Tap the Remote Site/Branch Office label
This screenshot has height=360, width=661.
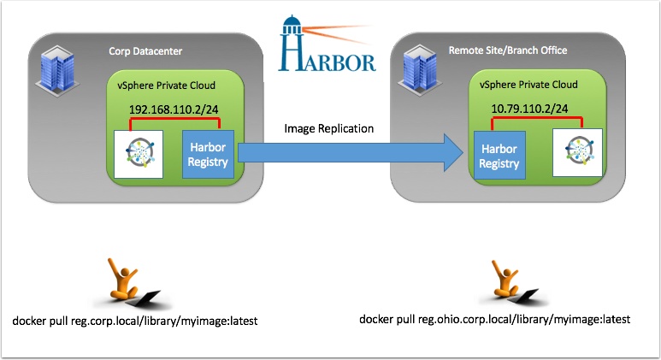[x=507, y=50]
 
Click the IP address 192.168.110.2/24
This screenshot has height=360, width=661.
[x=172, y=110]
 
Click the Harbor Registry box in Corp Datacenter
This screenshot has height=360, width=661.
[x=208, y=154]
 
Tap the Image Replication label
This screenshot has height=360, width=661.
[x=329, y=129]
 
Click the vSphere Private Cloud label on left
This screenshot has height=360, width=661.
[x=172, y=86]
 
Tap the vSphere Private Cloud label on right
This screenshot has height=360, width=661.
[x=528, y=86]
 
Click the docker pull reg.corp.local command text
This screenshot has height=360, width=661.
[x=135, y=322]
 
